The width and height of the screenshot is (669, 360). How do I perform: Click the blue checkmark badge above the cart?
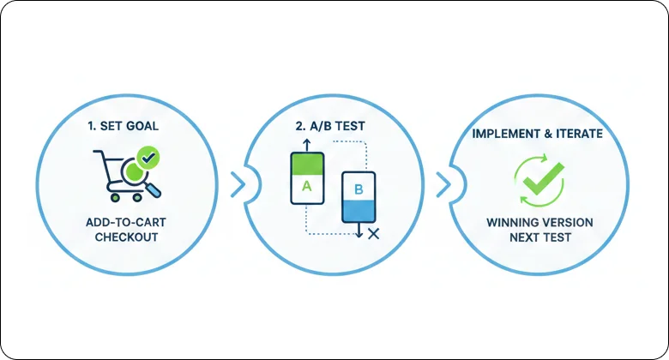point(148,158)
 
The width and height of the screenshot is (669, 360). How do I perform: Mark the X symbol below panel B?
point(373,233)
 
